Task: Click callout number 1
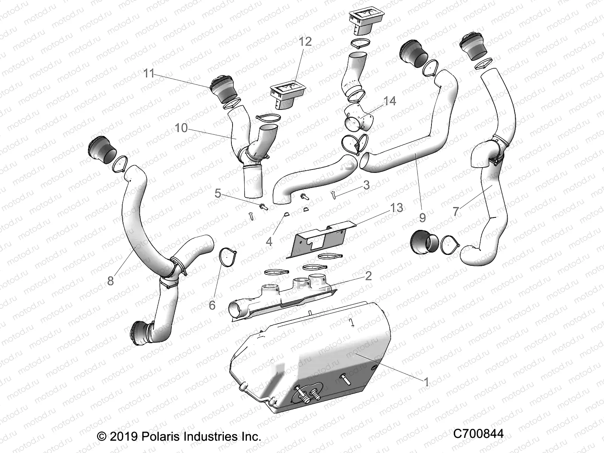[x=426, y=382]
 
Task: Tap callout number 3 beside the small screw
[x=366, y=185]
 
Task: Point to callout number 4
[x=269, y=242]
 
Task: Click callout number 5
[x=218, y=193]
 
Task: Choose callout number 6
[x=212, y=305]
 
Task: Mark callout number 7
[x=456, y=211]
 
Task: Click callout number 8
[x=110, y=281]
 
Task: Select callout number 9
[x=422, y=217]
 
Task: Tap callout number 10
[x=181, y=128]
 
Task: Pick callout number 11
[x=149, y=74]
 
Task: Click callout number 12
[x=305, y=42]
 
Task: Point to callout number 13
[x=396, y=208]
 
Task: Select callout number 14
[x=390, y=101]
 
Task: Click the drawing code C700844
[x=478, y=434]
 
